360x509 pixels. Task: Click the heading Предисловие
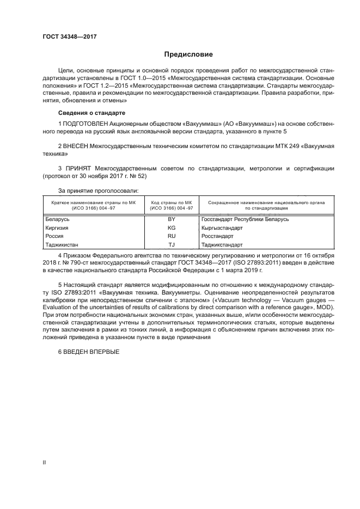point(188,55)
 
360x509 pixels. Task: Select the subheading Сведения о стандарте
point(91,113)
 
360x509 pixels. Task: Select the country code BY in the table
point(172,219)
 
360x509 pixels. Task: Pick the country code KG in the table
point(172,228)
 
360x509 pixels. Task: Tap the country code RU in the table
point(172,236)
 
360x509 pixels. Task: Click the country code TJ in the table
point(172,245)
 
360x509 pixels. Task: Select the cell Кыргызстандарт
point(222,228)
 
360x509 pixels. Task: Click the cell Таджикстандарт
point(222,245)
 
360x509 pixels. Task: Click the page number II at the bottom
point(44,462)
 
